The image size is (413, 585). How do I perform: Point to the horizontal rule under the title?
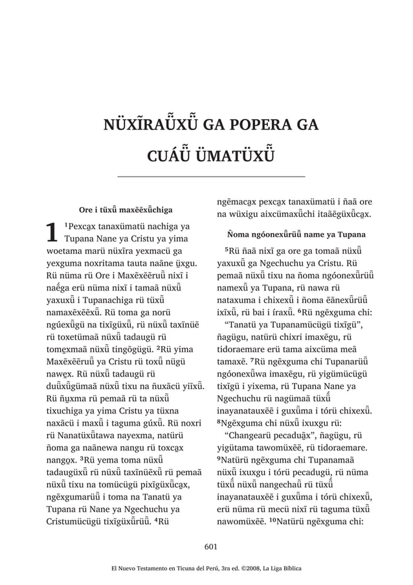210,176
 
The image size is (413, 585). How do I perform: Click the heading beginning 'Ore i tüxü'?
125,210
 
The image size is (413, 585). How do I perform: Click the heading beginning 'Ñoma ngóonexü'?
294,234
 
